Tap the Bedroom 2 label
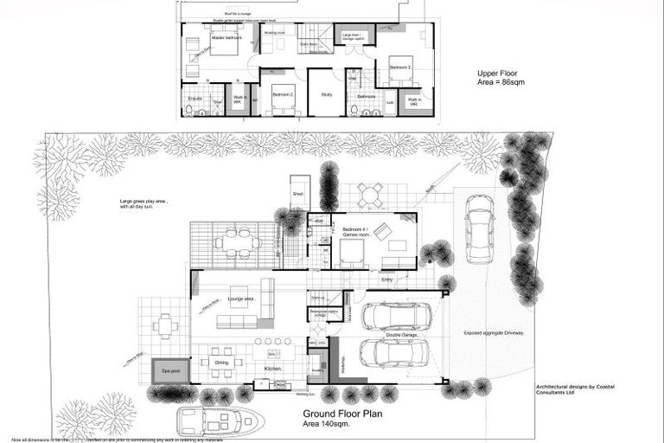coord(283,93)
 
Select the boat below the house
coord(218,421)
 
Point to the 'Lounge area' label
coord(240,299)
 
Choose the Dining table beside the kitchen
coord(221,363)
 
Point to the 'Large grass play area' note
coord(144,203)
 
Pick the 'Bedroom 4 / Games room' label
coord(354,232)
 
